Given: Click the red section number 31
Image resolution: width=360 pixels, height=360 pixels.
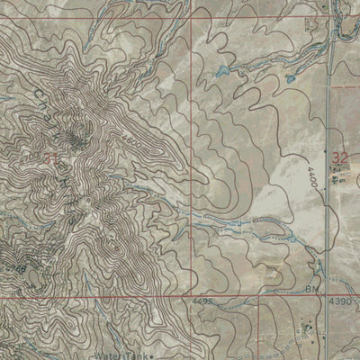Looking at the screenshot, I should tap(51, 158).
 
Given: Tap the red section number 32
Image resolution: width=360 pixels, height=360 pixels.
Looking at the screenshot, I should tap(339, 158).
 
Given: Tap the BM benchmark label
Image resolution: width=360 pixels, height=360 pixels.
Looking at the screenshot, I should tap(312, 289).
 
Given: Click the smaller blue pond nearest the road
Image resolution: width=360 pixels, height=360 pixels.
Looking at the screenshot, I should tap(290, 78).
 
